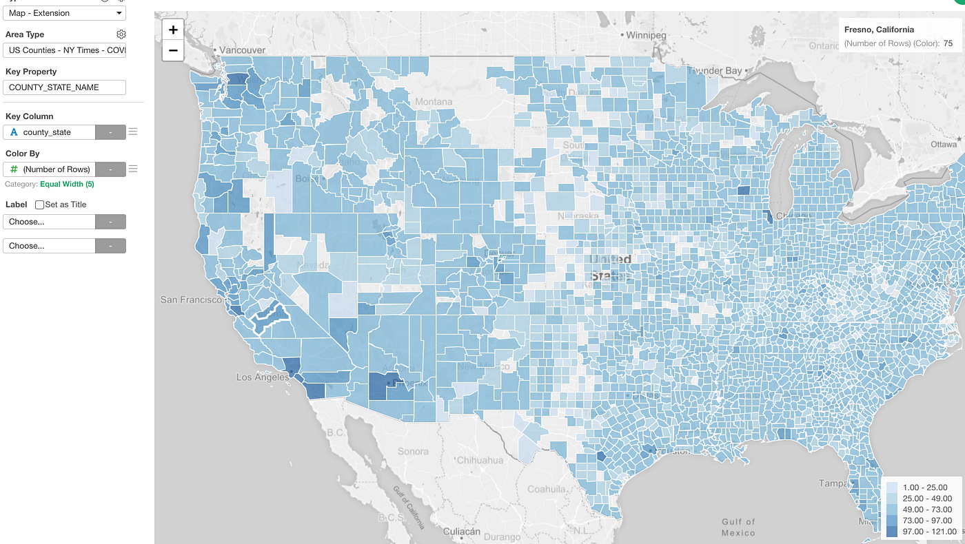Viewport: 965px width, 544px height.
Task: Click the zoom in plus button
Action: pos(173,30)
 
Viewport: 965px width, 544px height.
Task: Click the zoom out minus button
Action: pos(173,50)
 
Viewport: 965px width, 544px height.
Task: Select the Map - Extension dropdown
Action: pos(64,13)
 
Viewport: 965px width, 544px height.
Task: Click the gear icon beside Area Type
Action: pos(121,34)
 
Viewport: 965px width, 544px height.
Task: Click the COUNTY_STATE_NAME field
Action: pos(64,87)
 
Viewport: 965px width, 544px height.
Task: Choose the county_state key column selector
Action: pos(49,132)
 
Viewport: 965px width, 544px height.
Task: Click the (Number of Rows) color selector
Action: pos(49,169)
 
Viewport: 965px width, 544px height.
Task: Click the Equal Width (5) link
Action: pos(67,185)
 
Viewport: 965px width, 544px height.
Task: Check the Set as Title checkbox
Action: pos(39,205)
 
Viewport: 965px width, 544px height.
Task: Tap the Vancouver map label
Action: pos(243,50)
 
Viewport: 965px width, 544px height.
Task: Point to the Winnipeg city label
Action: pos(646,34)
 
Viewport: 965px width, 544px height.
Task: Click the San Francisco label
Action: pos(191,300)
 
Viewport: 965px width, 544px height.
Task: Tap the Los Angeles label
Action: pos(263,377)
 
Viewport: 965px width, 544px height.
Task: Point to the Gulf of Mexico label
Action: pos(738,527)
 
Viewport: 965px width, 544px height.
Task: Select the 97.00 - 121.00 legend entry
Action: pos(921,531)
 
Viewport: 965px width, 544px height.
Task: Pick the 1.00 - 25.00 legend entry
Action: pos(921,488)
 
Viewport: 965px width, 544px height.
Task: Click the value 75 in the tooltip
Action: pos(948,43)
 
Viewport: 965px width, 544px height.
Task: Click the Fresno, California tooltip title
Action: pos(879,30)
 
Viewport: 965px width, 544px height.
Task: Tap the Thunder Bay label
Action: pos(715,71)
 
